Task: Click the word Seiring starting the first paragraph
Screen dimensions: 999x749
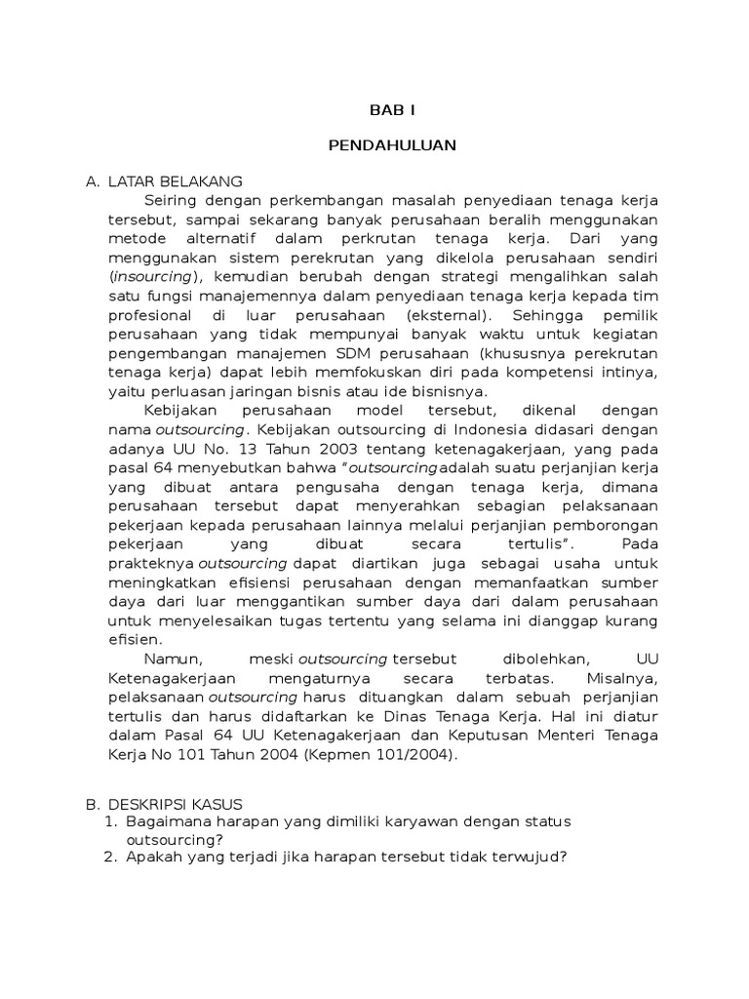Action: [x=178, y=200]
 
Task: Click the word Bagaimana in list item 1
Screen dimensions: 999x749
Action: [x=167, y=821]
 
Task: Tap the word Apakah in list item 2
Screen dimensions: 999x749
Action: [x=155, y=858]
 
